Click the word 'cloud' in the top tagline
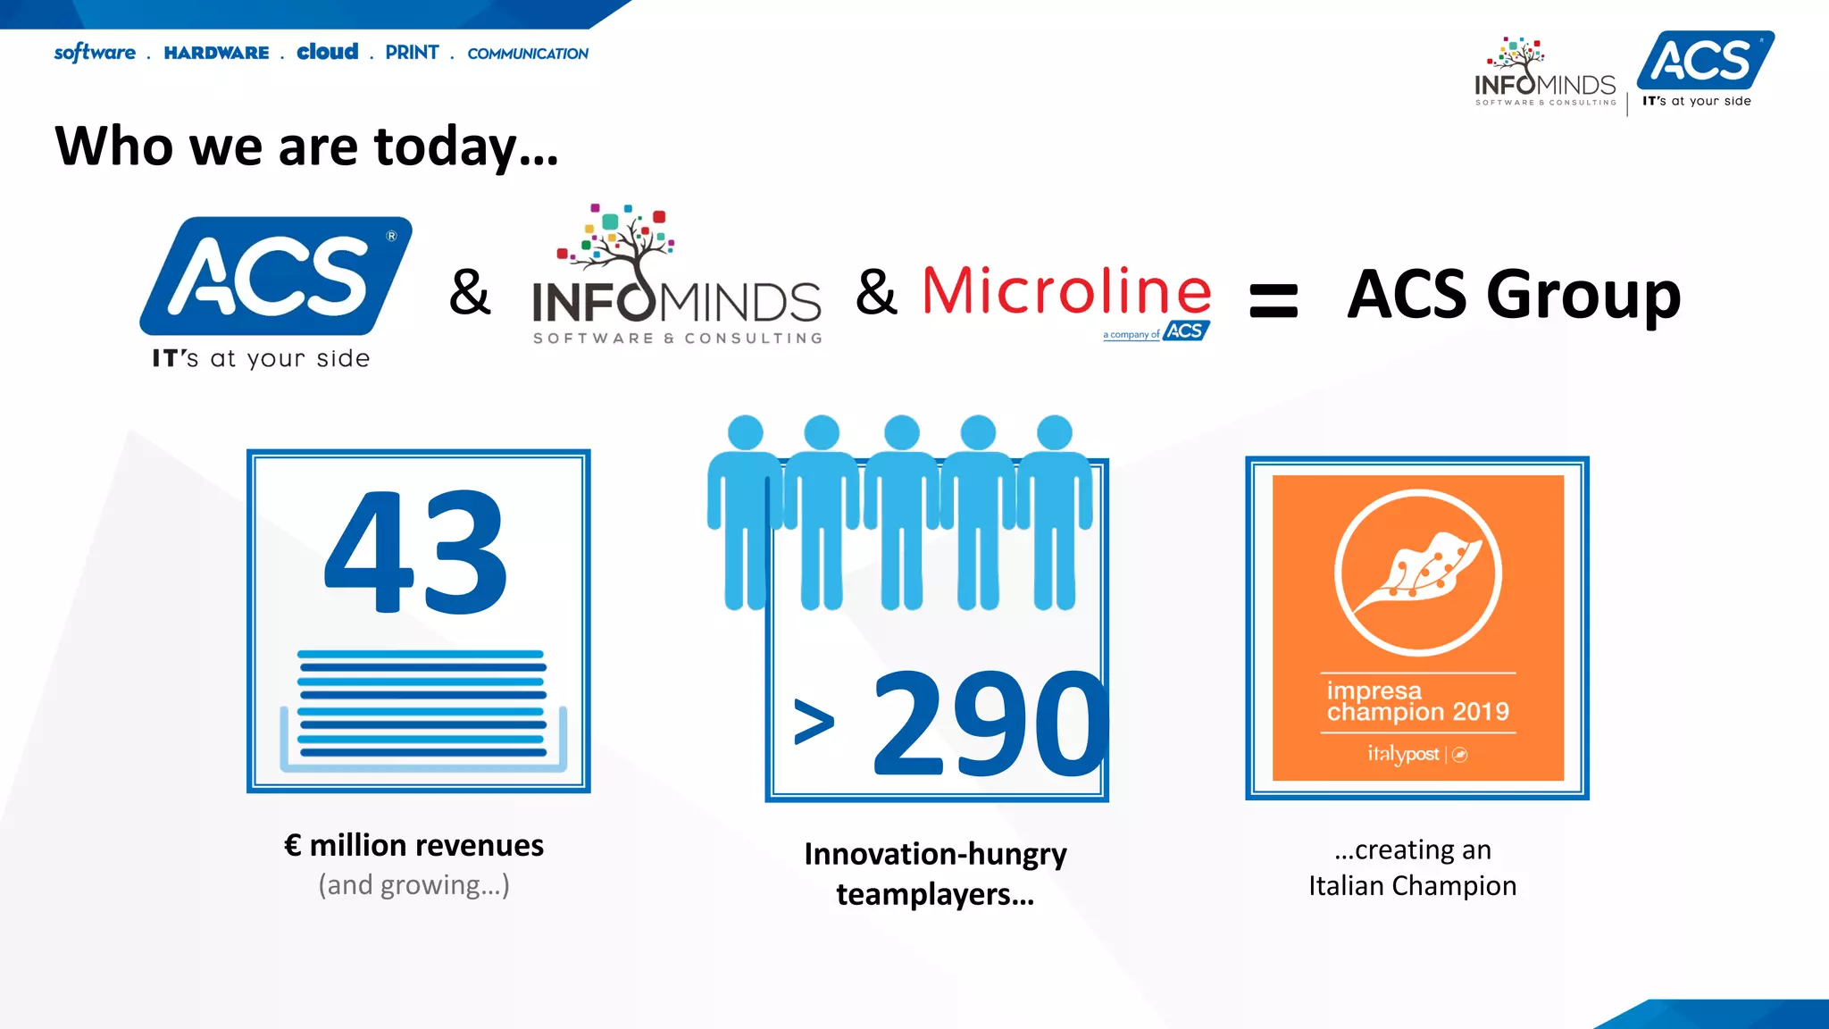[x=327, y=52]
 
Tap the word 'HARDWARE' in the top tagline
[x=216, y=53]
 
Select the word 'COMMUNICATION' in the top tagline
[x=528, y=54]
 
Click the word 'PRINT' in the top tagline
[x=412, y=53]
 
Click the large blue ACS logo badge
[x=275, y=276]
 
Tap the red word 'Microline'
[x=1066, y=291]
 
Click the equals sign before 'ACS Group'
[x=1273, y=300]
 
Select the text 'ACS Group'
[x=1514, y=295]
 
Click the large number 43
[x=416, y=554]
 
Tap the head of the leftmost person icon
[x=746, y=432]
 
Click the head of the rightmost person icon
[x=1055, y=432]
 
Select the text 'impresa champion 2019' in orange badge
[x=1417, y=701]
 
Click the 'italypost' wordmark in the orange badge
[x=1403, y=754]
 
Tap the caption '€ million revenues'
[x=413, y=845]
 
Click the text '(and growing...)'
[x=413, y=884]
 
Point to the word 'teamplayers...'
[x=935, y=894]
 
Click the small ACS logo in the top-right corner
[x=1705, y=61]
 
